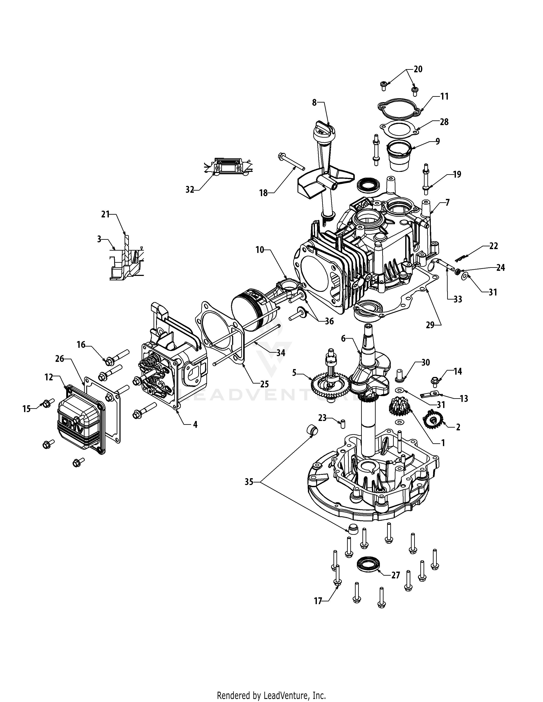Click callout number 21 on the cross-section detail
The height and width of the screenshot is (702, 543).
pos(105,214)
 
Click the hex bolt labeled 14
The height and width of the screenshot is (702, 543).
pos(434,382)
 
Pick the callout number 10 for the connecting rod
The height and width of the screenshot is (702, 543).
pos(260,250)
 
